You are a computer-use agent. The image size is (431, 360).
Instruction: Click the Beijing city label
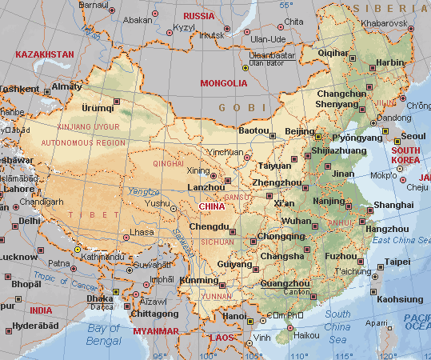(300, 131)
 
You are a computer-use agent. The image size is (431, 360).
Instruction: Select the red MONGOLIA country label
(223, 82)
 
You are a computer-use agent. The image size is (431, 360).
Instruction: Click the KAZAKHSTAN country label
(44, 54)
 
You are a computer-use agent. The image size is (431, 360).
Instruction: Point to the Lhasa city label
(142, 231)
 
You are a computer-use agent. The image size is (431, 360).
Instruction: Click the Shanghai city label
(393, 205)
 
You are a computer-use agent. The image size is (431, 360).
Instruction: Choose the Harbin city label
(391, 62)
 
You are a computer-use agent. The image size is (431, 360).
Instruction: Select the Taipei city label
(397, 262)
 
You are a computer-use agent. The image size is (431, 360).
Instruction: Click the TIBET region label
(82, 214)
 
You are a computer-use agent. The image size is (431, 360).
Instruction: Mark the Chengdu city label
(209, 227)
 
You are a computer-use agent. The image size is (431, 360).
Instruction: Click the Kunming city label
(198, 281)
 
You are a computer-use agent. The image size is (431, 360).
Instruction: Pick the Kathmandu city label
(107, 257)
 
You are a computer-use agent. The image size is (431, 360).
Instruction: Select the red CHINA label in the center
(212, 206)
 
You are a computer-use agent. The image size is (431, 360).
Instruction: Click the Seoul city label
(413, 136)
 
